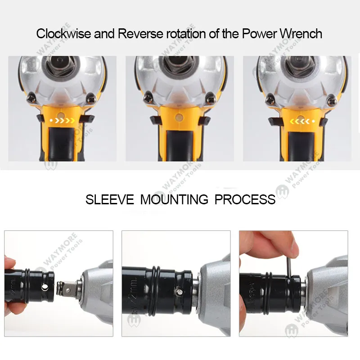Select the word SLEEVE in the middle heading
click(109, 199)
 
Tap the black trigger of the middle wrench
click(180, 144)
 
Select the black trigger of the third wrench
click(297, 144)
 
